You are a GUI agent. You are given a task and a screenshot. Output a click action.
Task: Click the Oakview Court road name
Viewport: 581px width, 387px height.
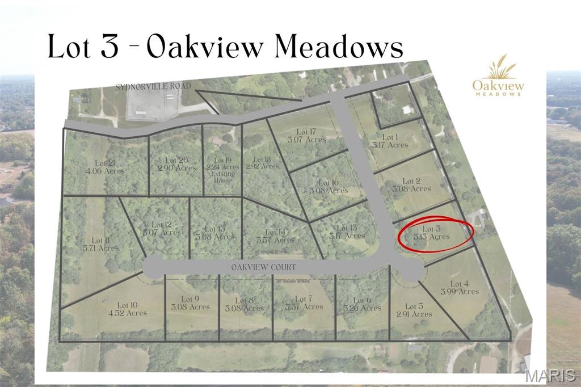click(x=263, y=266)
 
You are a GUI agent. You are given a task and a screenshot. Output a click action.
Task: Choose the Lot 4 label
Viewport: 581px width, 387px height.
click(x=460, y=287)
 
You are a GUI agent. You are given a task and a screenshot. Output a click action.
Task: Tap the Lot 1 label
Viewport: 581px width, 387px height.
click(x=390, y=141)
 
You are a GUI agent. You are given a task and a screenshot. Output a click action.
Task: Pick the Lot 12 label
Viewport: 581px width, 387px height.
click(x=162, y=228)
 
